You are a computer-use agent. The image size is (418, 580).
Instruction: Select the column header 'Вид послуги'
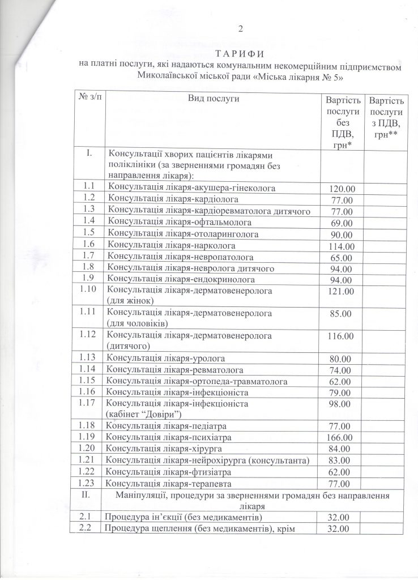[214, 99]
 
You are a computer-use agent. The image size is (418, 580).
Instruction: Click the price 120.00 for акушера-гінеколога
[342, 188]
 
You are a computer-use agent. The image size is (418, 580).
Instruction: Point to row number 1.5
[88, 233]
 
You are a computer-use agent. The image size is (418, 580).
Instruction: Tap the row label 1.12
[88, 335]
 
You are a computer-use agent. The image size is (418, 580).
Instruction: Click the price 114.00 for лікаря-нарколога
[342, 246]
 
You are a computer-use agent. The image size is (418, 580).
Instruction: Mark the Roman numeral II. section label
[88, 496]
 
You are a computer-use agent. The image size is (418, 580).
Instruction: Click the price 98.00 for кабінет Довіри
[340, 403]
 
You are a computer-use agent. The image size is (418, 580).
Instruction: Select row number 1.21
[88, 460]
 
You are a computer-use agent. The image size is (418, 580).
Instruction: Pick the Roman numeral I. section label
[88, 154]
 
